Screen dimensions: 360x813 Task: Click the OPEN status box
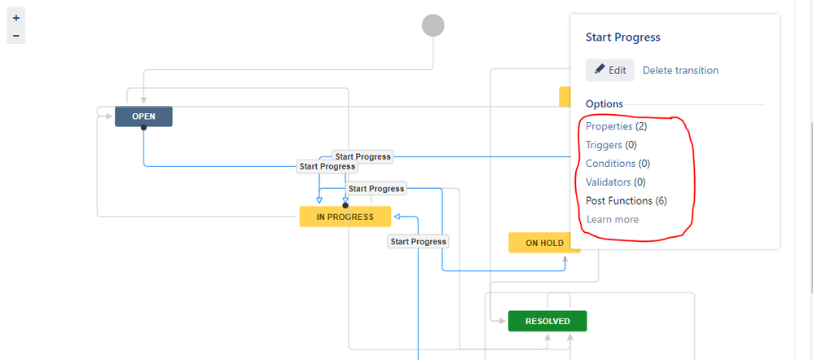tap(143, 116)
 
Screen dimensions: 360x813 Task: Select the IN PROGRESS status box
tap(345, 217)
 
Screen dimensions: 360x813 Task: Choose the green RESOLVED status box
tap(547, 321)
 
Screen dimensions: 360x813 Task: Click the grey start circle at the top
tap(433, 25)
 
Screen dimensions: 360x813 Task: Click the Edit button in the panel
tap(609, 70)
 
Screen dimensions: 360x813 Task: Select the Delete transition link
tap(680, 70)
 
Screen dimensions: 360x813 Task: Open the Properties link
tap(609, 126)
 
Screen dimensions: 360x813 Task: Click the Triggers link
tap(604, 145)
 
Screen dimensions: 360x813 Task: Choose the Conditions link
tap(610, 164)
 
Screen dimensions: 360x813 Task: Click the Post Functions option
tap(619, 200)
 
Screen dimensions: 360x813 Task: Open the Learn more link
tap(613, 219)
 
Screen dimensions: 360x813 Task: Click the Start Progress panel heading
tap(622, 37)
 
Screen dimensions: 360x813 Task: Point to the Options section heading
tap(604, 104)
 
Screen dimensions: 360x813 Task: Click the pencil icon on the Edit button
tap(600, 70)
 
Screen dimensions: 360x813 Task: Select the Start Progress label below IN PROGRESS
tap(418, 242)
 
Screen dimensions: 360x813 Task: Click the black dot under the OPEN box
tap(143, 128)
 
